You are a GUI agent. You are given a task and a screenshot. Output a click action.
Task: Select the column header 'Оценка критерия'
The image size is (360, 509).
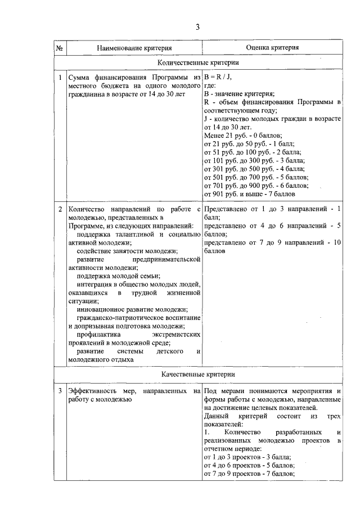(x=272, y=48)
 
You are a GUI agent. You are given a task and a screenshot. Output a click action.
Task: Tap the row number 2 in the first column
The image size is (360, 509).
(x=60, y=209)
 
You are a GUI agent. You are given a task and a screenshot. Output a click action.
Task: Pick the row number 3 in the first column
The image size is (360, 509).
(x=60, y=391)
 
